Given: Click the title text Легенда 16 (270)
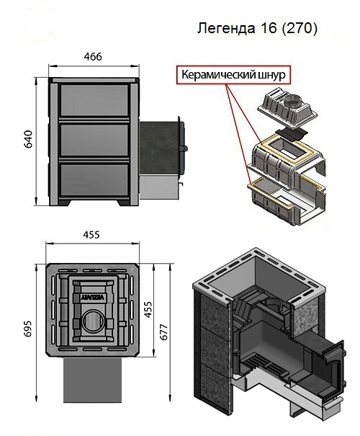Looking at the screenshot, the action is coord(257,28).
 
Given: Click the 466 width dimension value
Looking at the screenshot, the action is coord(93,57).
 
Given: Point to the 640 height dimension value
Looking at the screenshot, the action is coord(29,139).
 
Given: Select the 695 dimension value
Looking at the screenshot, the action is coord(28,329).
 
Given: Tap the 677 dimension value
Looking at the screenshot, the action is coord(163,332).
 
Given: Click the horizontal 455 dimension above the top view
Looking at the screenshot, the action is coord(91,235).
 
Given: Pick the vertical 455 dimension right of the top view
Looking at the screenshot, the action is coord(148,309).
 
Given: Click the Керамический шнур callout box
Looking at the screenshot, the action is coord(233,74).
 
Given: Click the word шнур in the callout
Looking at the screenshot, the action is coord(271,75).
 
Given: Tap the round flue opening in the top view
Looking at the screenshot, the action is coord(94,321).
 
